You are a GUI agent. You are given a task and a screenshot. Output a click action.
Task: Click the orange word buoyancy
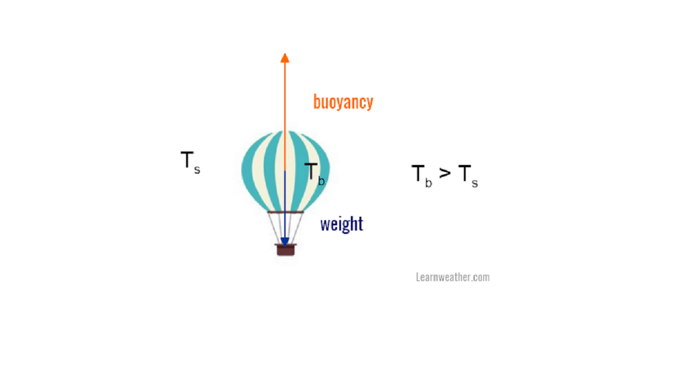[343, 102]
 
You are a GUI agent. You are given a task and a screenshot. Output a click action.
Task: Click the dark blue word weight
[342, 224]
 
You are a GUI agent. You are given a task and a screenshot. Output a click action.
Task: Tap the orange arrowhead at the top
[285, 57]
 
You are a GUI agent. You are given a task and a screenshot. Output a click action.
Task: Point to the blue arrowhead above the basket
[285, 242]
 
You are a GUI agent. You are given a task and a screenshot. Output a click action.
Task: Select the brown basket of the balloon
[285, 249]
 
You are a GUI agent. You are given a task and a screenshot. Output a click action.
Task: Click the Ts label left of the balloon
[190, 162]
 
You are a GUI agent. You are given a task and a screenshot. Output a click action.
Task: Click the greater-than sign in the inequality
[444, 173]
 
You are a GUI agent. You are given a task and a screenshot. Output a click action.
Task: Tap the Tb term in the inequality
[421, 174]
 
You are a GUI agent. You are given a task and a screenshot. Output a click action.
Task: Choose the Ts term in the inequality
[468, 175]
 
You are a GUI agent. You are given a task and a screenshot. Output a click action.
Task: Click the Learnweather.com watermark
[452, 277]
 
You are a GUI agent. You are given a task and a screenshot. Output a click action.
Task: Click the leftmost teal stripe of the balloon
[248, 170]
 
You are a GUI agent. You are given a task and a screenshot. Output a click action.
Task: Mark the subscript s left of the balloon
[197, 170]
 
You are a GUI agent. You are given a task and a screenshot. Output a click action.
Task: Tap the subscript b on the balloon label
[322, 180]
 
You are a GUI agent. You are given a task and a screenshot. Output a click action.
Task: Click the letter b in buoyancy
[316, 102]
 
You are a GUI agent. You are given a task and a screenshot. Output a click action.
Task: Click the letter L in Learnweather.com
[418, 276]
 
